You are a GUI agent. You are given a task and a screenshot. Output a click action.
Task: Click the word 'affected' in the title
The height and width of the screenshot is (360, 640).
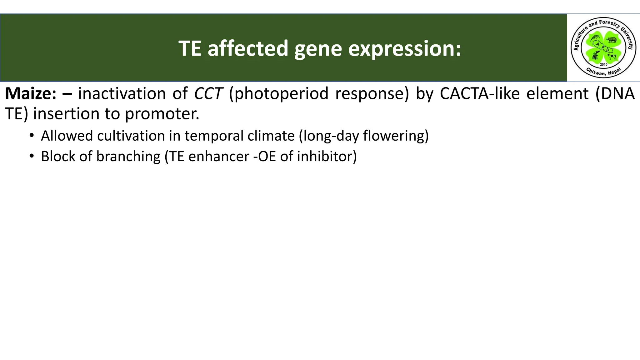pos(247,48)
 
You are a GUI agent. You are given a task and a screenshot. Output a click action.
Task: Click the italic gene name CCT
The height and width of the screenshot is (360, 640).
pos(208,93)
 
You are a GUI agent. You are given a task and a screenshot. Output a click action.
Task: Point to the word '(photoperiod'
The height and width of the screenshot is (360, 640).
pos(278,93)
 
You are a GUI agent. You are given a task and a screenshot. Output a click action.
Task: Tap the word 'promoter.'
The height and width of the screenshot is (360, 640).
pos(162,113)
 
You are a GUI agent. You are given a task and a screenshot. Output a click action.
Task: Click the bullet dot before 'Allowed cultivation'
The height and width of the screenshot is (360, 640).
pos(32,135)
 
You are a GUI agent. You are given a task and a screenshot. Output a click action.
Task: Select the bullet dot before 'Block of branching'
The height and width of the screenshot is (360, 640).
pos(32,156)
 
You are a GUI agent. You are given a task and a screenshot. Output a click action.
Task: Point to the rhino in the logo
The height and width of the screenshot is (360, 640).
pos(611,40)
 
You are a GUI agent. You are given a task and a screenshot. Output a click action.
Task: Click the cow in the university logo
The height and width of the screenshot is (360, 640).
pos(611,57)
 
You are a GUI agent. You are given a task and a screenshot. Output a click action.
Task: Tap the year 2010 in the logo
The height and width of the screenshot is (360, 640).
pos(603,64)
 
